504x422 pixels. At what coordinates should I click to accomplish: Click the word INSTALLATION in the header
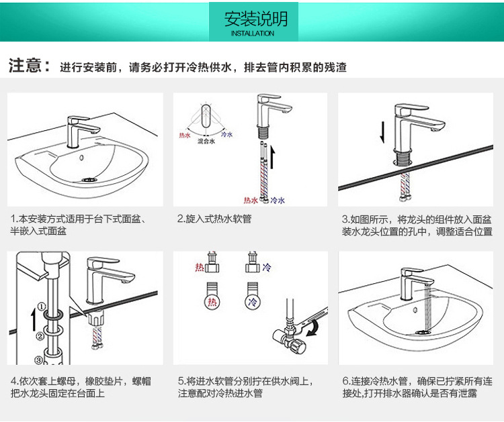click(252, 33)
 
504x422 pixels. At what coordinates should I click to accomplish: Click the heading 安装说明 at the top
click(252, 18)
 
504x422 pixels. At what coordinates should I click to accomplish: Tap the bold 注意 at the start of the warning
click(28, 66)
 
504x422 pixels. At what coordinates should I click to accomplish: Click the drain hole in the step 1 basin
click(89, 179)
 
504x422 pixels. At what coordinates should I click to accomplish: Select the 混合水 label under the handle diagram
click(206, 142)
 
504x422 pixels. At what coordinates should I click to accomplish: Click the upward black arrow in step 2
click(273, 159)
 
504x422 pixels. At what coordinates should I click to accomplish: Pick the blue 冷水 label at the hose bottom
click(277, 200)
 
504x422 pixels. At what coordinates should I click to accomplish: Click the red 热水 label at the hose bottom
click(251, 200)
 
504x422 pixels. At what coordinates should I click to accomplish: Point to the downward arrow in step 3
click(382, 131)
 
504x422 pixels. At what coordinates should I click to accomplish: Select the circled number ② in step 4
click(40, 336)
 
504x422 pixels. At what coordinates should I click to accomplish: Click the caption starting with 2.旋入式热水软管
click(214, 219)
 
